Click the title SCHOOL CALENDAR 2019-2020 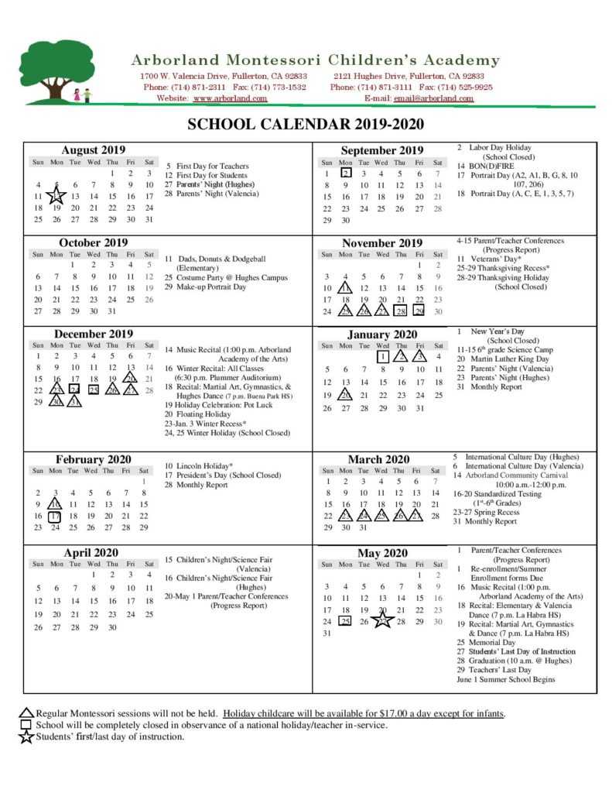tap(306, 125)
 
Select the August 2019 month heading tap(93, 149)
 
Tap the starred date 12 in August tap(56, 197)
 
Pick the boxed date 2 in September tap(346, 173)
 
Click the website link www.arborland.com tap(230, 98)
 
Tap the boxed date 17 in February tap(54, 516)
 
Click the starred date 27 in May tap(382, 621)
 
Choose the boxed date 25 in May tap(345, 621)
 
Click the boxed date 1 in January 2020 tap(382, 357)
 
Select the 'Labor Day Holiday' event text tap(499, 147)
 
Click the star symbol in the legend tap(26, 736)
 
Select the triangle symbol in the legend tap(26, 713)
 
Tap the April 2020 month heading tap(91, 552)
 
